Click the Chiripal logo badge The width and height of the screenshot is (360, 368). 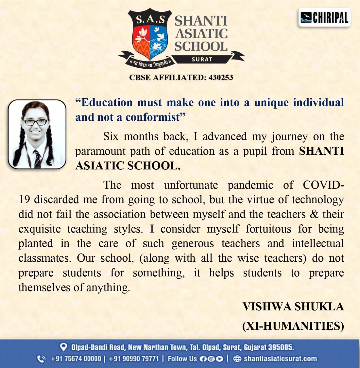324,18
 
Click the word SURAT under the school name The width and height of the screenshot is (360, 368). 202,59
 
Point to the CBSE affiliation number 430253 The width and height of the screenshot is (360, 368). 221,77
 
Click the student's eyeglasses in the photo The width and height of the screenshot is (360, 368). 36,122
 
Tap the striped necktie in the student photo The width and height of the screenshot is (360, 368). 37,158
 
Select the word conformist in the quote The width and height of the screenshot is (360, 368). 153,117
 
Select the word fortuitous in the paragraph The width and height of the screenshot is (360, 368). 268,229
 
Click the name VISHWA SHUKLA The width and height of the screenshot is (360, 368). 293,307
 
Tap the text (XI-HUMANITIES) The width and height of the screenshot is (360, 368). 293,326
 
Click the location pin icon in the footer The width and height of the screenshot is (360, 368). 63,347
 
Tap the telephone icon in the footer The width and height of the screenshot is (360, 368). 41,359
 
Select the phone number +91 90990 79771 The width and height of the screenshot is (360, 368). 134,359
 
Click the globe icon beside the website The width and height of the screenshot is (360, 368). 237,359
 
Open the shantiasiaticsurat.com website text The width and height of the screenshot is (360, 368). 280,359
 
